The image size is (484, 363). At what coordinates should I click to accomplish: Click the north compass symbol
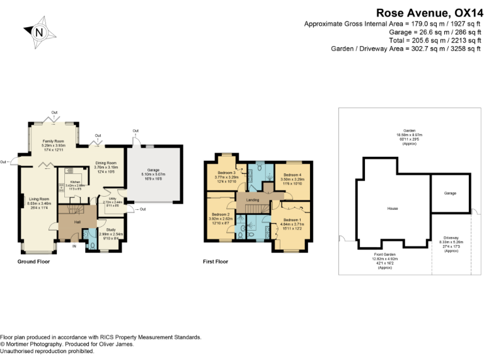click(x=39, y=32)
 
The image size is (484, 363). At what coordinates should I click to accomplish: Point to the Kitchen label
click(x=76, y=181)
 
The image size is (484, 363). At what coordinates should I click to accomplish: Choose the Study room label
click(x=111, y=229)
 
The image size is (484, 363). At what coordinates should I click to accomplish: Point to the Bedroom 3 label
click(x=226, y=173)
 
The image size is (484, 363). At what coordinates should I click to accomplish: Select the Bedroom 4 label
click(x=292, y=175)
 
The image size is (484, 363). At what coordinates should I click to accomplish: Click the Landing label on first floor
click(x=253, y=200)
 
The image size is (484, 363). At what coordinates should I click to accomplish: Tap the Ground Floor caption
click(x=33, y=261)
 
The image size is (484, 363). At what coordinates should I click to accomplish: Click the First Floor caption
click(x=216, y=261)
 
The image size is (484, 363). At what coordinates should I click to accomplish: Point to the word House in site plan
click(x=392, y=207)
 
